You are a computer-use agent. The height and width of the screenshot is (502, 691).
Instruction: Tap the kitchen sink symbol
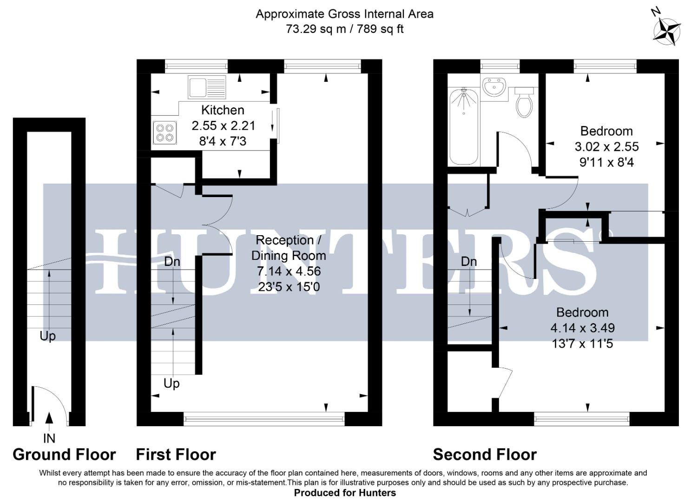point(207,87)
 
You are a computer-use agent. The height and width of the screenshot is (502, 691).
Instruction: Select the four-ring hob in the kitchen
point(165,131)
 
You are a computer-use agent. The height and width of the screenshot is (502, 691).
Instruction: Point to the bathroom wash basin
point(494,87)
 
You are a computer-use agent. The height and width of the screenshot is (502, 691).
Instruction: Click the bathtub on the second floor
point(464,126)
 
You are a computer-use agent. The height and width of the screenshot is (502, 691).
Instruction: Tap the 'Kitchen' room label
point(223,110)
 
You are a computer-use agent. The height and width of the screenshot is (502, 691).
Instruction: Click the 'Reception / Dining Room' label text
point(289,248)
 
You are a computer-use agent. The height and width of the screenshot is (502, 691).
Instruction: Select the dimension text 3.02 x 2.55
point(606,147)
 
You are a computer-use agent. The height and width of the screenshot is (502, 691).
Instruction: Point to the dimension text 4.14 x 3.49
point(582,328)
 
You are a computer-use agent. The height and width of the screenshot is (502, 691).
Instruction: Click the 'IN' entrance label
point(49,438)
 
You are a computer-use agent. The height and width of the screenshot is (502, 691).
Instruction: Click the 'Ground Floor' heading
point(64,454)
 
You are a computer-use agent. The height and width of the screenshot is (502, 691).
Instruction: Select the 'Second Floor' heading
point(485,454)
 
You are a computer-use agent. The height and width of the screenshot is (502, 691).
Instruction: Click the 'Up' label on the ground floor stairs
point(47,336)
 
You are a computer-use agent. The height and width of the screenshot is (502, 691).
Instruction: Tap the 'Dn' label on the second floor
point(469,262)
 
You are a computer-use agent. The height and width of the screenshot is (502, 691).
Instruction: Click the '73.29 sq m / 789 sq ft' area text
point(345,29)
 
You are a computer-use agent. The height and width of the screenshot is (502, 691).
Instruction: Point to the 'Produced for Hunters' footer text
point(345,493)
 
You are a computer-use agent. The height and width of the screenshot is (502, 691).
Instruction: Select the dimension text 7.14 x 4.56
point(289,271)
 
